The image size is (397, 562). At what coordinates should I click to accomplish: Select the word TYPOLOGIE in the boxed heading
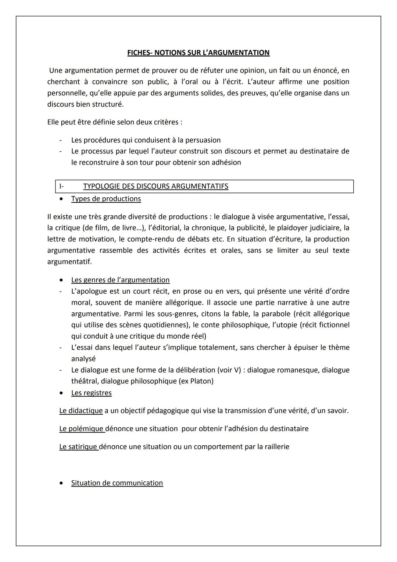pos(101,186)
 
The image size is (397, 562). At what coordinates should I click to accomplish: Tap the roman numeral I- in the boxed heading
pos(61,186)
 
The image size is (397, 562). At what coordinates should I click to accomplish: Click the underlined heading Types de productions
pos(106,199)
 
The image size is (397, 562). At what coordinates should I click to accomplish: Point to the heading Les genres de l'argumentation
pos(120,280)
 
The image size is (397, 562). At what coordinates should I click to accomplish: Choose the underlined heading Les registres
pos(91,393)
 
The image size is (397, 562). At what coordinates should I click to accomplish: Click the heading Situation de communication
pos(117,483)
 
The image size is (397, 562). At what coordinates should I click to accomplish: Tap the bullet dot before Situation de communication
pos(61,483)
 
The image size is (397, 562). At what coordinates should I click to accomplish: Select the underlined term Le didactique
pos(81,410)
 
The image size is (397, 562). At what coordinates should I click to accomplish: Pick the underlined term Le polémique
pos(81,428)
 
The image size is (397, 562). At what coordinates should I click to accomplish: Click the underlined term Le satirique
pos(78,447)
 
